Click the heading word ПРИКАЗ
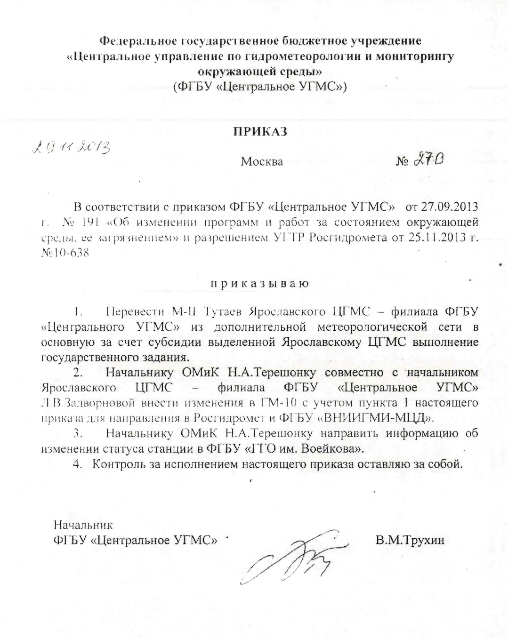[260, 132]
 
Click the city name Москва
[262, 162]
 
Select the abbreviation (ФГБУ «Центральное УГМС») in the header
[260, 87]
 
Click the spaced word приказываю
[259, 284]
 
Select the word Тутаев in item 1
[224, 311]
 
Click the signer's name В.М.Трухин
[410, 540]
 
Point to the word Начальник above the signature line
[83, 525]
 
